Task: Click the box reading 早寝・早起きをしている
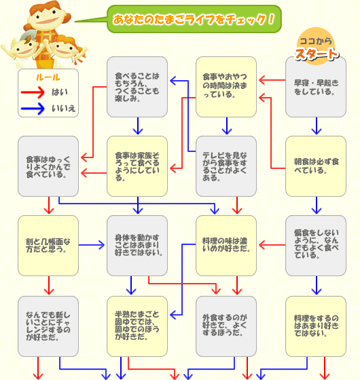316,87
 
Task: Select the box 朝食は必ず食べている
316,166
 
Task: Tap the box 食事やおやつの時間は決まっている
226,87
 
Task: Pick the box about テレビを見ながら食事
226,166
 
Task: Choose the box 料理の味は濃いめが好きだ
226,246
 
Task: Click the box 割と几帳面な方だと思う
48,246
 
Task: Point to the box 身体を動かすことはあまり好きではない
137,246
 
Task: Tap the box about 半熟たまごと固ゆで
137,326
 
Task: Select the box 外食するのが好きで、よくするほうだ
226,326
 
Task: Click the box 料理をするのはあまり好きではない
316,326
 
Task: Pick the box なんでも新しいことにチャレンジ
48,326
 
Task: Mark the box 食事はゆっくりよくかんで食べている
48,166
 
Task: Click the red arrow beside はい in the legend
33,92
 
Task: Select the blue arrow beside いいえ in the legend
33,109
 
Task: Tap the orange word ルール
48,77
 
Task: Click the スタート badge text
317,54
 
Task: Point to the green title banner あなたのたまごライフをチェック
194,19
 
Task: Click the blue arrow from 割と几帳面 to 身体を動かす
92,245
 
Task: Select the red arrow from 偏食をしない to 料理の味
272,245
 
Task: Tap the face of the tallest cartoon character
48,17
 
